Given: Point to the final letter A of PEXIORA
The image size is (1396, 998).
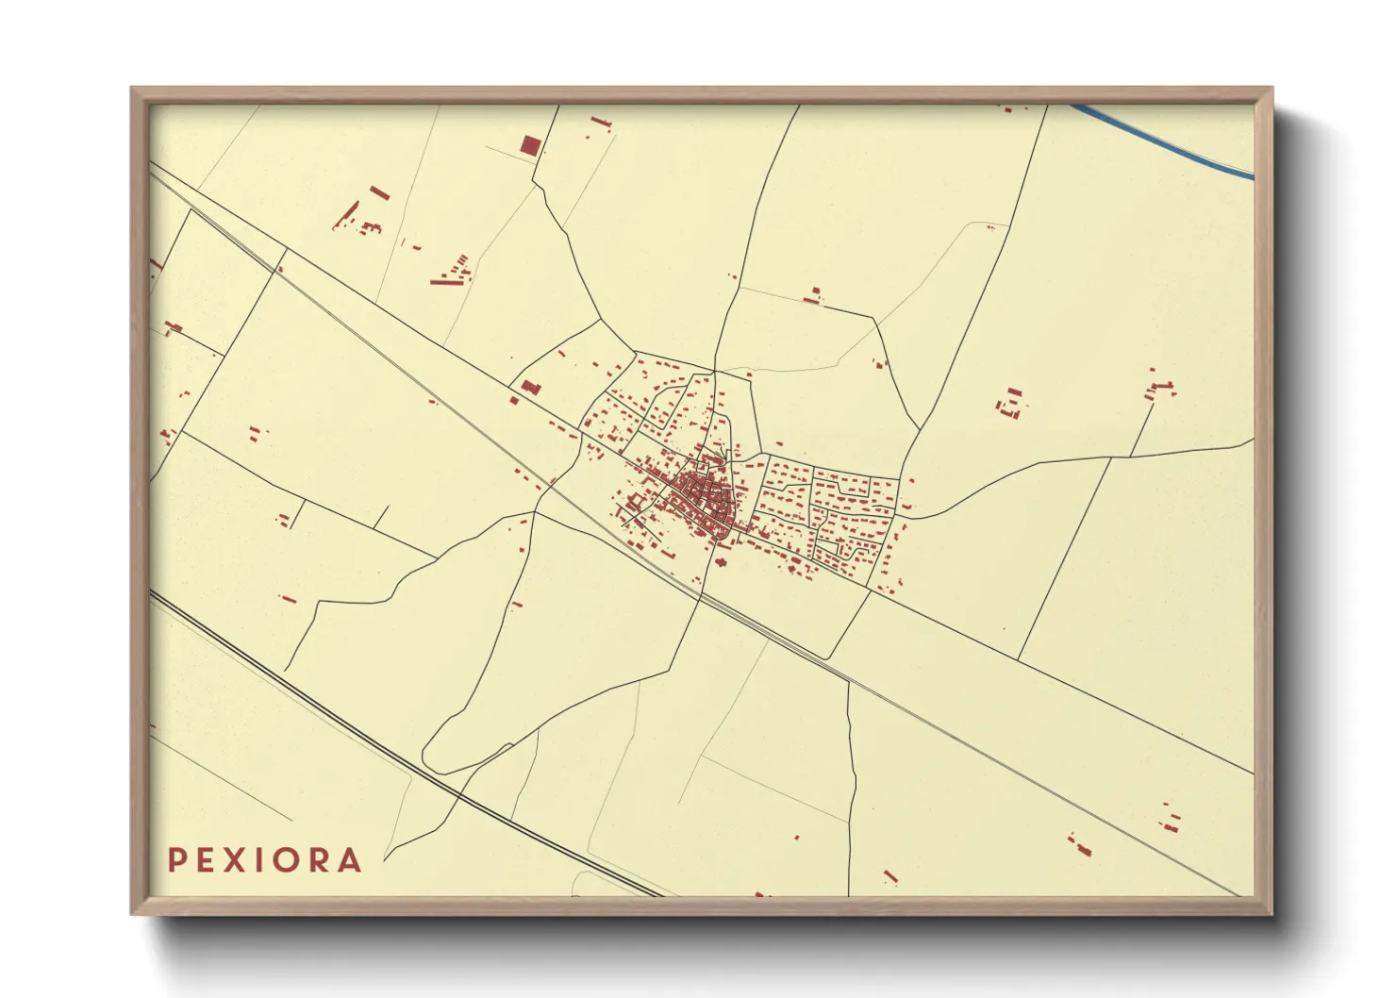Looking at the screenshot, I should coord(350,860).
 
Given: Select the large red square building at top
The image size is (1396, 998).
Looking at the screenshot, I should coord(531,145).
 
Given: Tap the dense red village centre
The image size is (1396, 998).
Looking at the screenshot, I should coord(703,500).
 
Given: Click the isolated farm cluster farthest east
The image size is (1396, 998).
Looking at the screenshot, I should coord(1160,388).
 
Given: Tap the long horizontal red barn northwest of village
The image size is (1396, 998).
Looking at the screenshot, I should coord(443,280).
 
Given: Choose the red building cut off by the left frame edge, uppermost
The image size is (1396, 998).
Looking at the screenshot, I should coord(155,265).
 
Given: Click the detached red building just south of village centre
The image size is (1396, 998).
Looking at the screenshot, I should coord(722,562).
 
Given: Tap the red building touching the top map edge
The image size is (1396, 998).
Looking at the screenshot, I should coord(1007,109).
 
